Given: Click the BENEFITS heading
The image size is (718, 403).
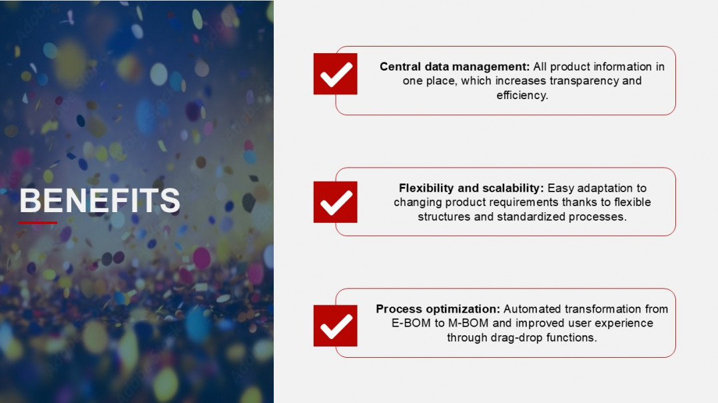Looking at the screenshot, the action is point(100,200).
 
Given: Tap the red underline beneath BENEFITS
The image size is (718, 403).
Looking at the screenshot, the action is point(37,223).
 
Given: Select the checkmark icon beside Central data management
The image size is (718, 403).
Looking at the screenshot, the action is point(335,74).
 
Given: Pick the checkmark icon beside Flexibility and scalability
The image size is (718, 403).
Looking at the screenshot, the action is point(335,201).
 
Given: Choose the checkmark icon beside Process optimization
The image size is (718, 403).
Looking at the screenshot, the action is point(335,326).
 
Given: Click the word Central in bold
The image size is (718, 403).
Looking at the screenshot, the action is point(400,67).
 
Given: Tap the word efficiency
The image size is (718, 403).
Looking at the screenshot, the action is point(522,95).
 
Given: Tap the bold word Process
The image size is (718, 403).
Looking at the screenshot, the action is point(398,309).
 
